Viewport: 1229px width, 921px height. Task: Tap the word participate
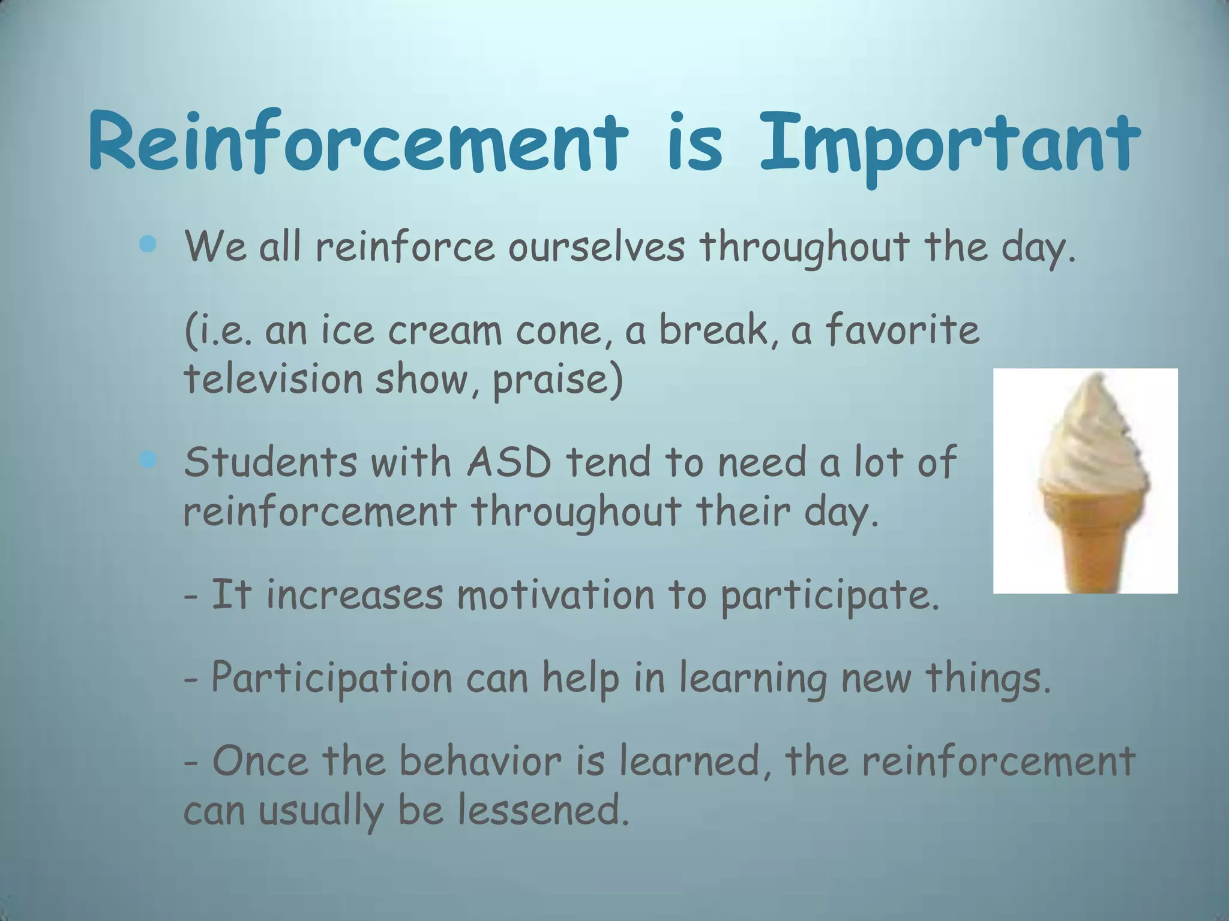(x=828, y=597)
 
